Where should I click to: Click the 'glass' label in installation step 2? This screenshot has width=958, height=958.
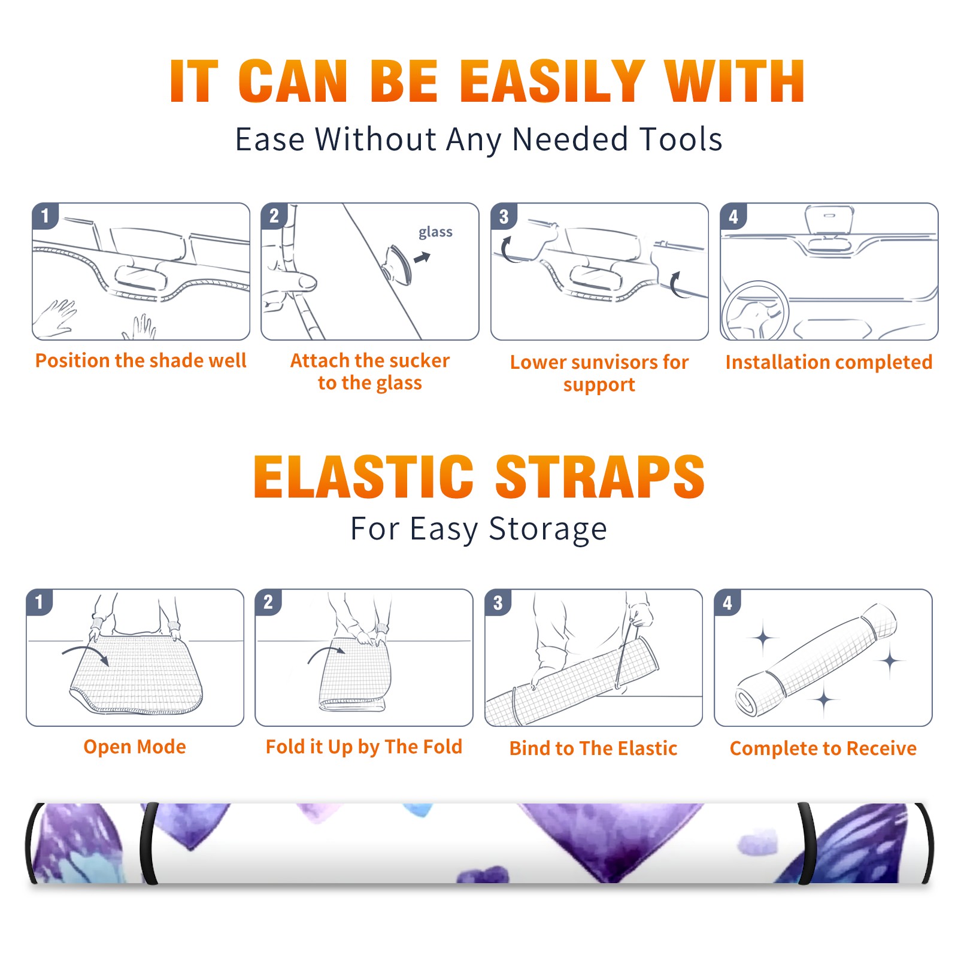[435, 232]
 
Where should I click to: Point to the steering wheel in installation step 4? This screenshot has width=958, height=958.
[754, 311]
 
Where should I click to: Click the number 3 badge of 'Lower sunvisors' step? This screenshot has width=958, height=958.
[504, 216]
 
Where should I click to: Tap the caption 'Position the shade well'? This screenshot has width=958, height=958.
[141, 360]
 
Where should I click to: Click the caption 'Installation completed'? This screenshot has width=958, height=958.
[829, 362]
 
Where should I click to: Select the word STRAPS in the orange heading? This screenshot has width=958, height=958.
[600, 477]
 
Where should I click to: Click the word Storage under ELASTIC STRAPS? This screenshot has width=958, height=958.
[548, 529]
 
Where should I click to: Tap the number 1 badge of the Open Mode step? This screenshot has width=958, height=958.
[40, 602]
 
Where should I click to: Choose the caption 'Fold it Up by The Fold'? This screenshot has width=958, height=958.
[364, 747]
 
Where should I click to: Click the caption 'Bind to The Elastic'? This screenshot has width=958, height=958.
[593, 748]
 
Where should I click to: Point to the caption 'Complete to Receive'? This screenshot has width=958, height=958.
[823, 748]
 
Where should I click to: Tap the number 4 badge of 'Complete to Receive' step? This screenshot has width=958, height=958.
[727, 602]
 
